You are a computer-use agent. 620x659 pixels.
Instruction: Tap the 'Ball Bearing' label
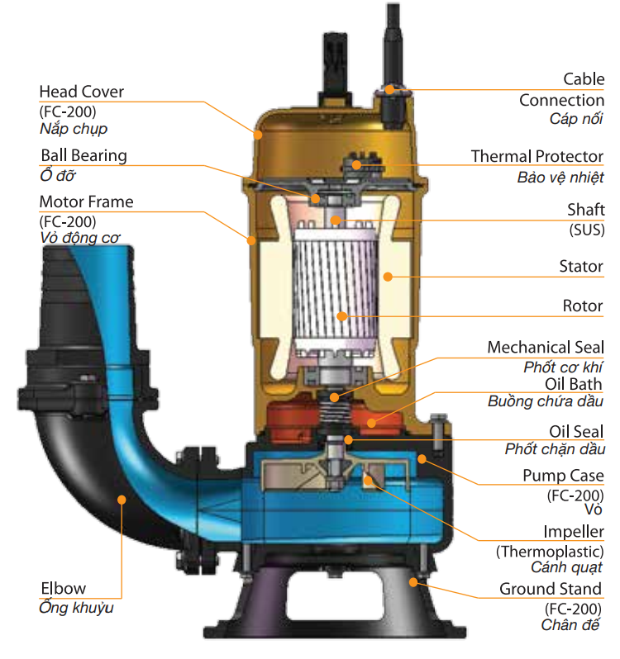tap(83, 155)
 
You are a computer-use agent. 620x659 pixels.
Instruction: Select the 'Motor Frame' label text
tap(86, 201)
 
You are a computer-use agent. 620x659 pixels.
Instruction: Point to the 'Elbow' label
tap(63, 589)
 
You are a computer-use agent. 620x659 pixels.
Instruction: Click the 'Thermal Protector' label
tap(537, 156)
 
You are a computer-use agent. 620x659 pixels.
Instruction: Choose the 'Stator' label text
tap(581, 267)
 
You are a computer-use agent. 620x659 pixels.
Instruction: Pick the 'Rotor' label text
tap(583, 306)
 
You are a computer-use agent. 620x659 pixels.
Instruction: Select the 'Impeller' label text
tap(573, 532)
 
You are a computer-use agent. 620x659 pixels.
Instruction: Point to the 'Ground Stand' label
tap(551, 589)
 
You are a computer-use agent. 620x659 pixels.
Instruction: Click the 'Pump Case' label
tap(563, 476)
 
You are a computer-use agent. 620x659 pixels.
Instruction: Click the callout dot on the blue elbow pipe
tap(122, 499)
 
